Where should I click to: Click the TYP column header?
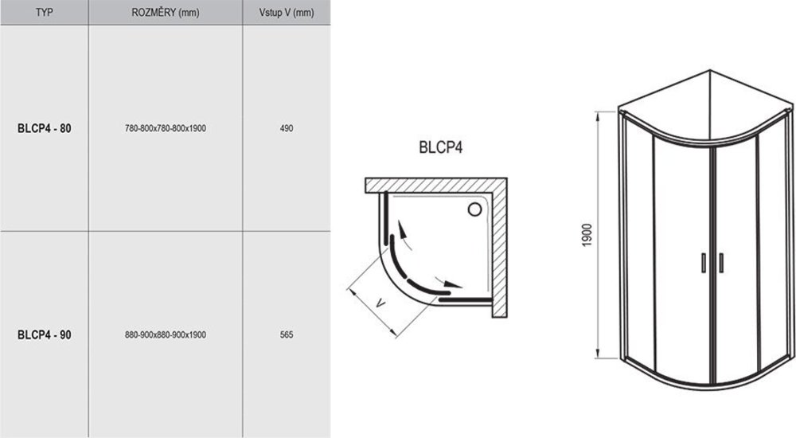point(44,12)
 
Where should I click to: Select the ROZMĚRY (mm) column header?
point(166,12)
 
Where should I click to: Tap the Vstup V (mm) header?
point(287,12)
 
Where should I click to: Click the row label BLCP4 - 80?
point(44,128)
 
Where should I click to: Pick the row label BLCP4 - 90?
point(44,334)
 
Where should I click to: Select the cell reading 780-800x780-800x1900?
point(166,128)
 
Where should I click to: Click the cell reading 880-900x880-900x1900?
point(166,334)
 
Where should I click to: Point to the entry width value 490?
point(287,128)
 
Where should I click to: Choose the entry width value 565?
point(287,334)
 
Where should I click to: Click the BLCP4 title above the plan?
point(441,147)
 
